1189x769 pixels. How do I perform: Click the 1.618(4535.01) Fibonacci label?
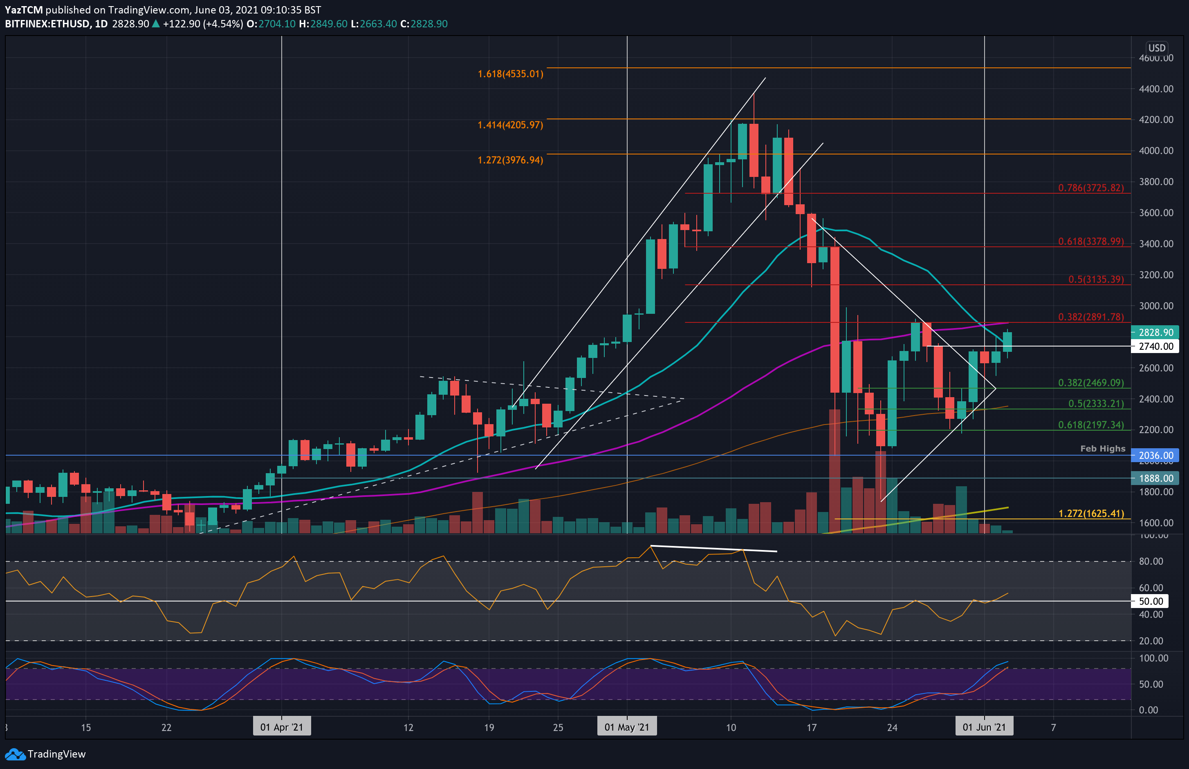pos(510,74)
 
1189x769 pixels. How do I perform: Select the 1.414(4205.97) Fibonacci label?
pos(510,125)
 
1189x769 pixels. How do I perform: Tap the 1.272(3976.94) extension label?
pos(510,160)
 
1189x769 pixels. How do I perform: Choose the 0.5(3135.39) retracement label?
pos(1096,279)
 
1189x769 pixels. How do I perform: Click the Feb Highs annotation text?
pos(1103,448)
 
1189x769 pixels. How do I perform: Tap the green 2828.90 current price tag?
pos(1155,332)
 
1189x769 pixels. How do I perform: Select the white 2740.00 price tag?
pos(1155,346)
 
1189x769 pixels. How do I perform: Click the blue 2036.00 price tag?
pos(1155,456)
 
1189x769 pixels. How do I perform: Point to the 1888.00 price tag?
pos(1155,478)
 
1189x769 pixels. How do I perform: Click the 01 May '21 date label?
pos(626,727)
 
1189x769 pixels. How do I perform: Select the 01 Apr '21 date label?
pos(281,727)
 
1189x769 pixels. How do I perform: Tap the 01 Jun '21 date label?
pos(984,727)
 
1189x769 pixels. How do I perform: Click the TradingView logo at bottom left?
pos(45,754)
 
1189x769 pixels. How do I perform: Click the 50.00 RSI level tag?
pos(1151,601)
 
